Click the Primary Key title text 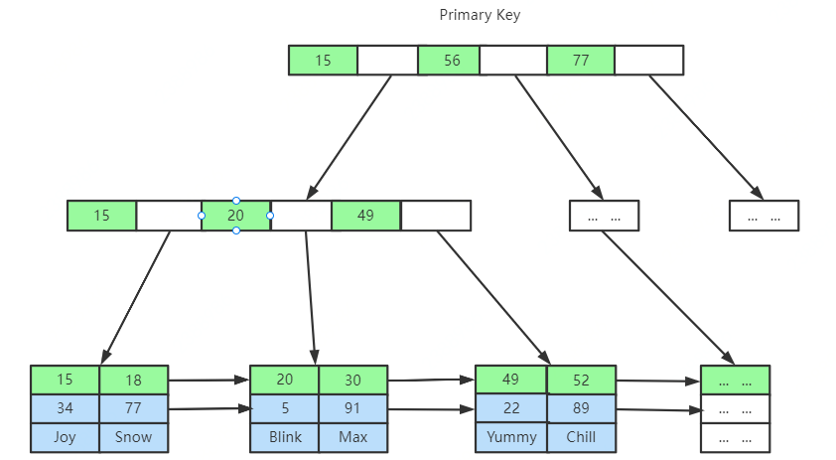(480, 15)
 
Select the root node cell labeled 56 (452, 61)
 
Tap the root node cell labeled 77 (581, 61)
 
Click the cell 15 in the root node (323, 61)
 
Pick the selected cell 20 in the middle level (235, 216)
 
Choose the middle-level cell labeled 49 (365, 216)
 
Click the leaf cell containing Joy (65, 437)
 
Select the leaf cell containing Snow (133, 437)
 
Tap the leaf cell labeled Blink (284, 437)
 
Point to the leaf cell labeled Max (352, 437)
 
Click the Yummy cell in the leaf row (511, 436)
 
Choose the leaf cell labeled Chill (581, 436)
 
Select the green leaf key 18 (133, 380)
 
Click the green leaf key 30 (352, 380)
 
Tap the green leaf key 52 (581, 380)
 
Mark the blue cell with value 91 (352, 408)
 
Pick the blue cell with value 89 (581, 407)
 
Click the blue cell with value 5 (284, 408)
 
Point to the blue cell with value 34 (65, 408)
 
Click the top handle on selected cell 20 (235, 201)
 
